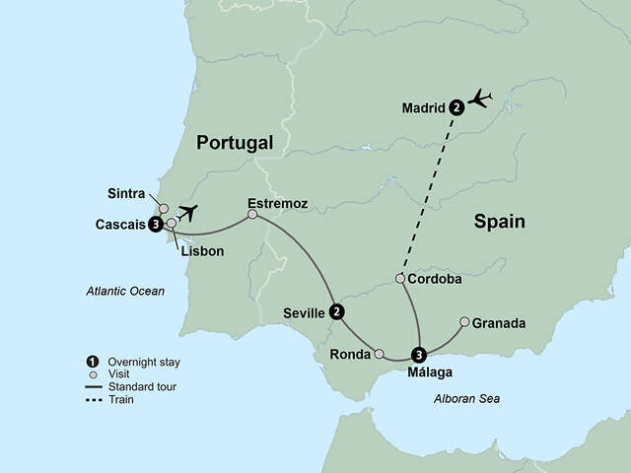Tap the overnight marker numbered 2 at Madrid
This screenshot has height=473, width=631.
point(456,107)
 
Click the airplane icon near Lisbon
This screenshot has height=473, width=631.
point(188,212)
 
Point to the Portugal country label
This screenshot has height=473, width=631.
point(234,144)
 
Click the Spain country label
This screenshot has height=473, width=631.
point(499,223)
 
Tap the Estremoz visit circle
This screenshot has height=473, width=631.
point(252,214)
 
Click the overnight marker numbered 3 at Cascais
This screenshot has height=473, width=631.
point(156,225)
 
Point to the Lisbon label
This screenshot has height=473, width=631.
point(202,251)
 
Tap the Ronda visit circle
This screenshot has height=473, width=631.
point(380,353)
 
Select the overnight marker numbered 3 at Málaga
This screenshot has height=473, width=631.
point(420,356)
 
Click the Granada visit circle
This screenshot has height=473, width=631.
point(464,321)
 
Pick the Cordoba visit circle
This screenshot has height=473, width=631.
point(399,279)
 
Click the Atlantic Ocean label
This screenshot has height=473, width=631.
point(124,291)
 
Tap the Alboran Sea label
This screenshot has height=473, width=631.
point(466,398)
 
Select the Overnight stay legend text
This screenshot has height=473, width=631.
point(147,362)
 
